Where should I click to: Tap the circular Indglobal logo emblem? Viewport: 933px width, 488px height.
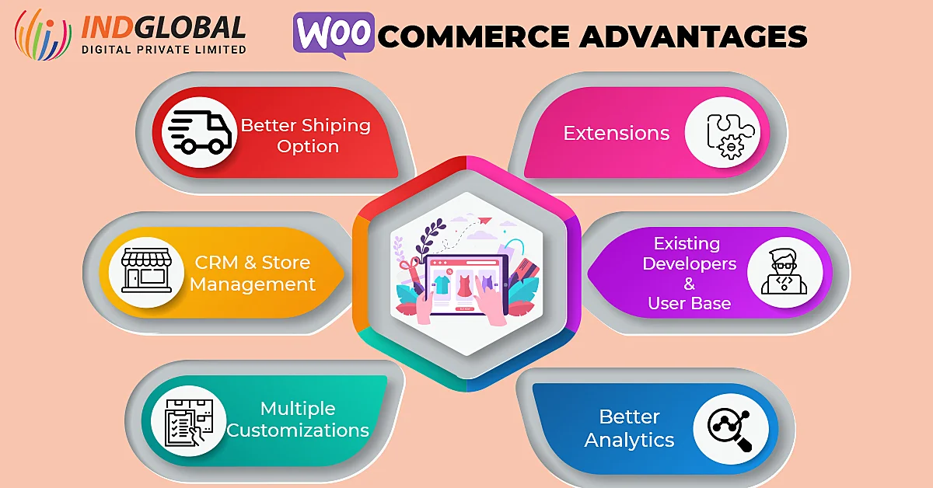click(44, 34)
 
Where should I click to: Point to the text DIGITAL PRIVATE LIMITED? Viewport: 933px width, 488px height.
click(164, 49)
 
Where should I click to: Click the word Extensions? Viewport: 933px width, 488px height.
click(616, 133)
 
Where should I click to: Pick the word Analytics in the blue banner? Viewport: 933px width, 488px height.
click(629, 440)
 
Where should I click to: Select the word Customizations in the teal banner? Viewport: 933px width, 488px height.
click(298, 430)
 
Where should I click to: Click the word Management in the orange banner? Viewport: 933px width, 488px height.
click(253, 284)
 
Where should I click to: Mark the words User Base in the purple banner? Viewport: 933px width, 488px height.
click(689, 302)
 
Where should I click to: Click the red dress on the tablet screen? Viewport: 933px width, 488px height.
click(464, 284)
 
